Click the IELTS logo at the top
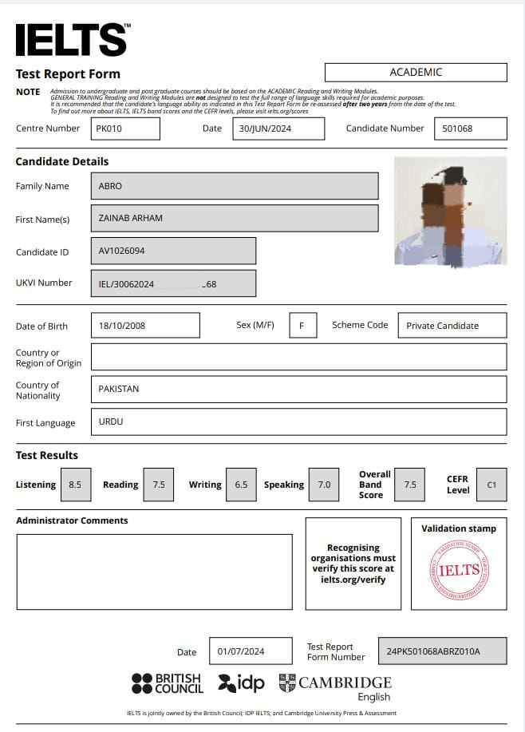point(72,39)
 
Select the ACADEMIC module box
point(416,72)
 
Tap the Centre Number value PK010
point(124,129)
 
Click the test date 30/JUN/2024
point(280,129)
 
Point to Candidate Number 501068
point(470,129)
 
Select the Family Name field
point(234,186)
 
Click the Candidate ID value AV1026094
point(172,251)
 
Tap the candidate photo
point(450,211)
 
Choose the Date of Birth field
point(144,325)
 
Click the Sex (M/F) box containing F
point(302,325)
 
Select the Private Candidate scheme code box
point(452,325)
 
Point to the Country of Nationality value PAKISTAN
point(298,389)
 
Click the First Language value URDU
point(298,421)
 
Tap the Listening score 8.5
point(76,485)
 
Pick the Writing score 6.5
point(241,485)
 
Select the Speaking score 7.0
point(324,485)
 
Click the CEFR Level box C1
point(491,485)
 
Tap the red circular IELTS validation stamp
point(459,570)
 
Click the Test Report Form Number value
point(441,651)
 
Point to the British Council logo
point(168,683)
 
